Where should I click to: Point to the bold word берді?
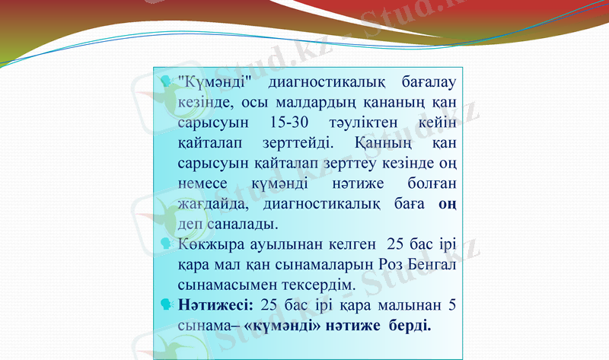click(412, 326)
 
